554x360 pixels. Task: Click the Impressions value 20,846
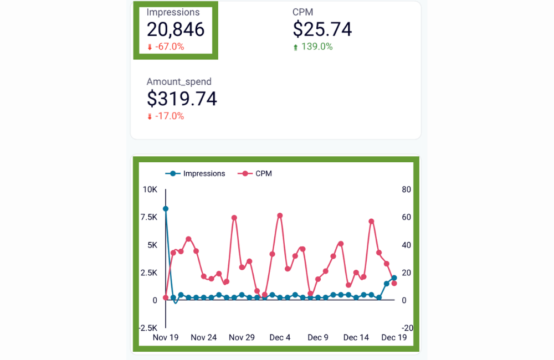(176, 29)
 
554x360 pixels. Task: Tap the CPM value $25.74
(322, 29)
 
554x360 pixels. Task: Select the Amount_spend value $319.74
(182, 99)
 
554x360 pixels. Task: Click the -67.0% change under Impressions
(169, 47)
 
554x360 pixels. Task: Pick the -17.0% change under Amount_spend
(169, 116)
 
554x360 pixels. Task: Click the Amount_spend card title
(179, 81)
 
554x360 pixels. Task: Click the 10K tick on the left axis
(150, 189)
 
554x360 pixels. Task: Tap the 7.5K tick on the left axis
(148, 217)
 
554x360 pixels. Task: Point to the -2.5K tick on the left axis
(147, 328)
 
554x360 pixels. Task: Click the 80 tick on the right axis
(406, 189)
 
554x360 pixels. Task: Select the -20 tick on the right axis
(407, 328)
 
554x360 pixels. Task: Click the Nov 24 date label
(203, 337)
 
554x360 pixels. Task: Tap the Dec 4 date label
(280, 337)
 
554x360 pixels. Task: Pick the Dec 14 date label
(356, 337)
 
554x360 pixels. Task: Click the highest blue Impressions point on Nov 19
(166, 209)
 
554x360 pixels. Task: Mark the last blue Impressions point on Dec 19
(394, 278)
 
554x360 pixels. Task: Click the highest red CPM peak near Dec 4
(280, 215)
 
